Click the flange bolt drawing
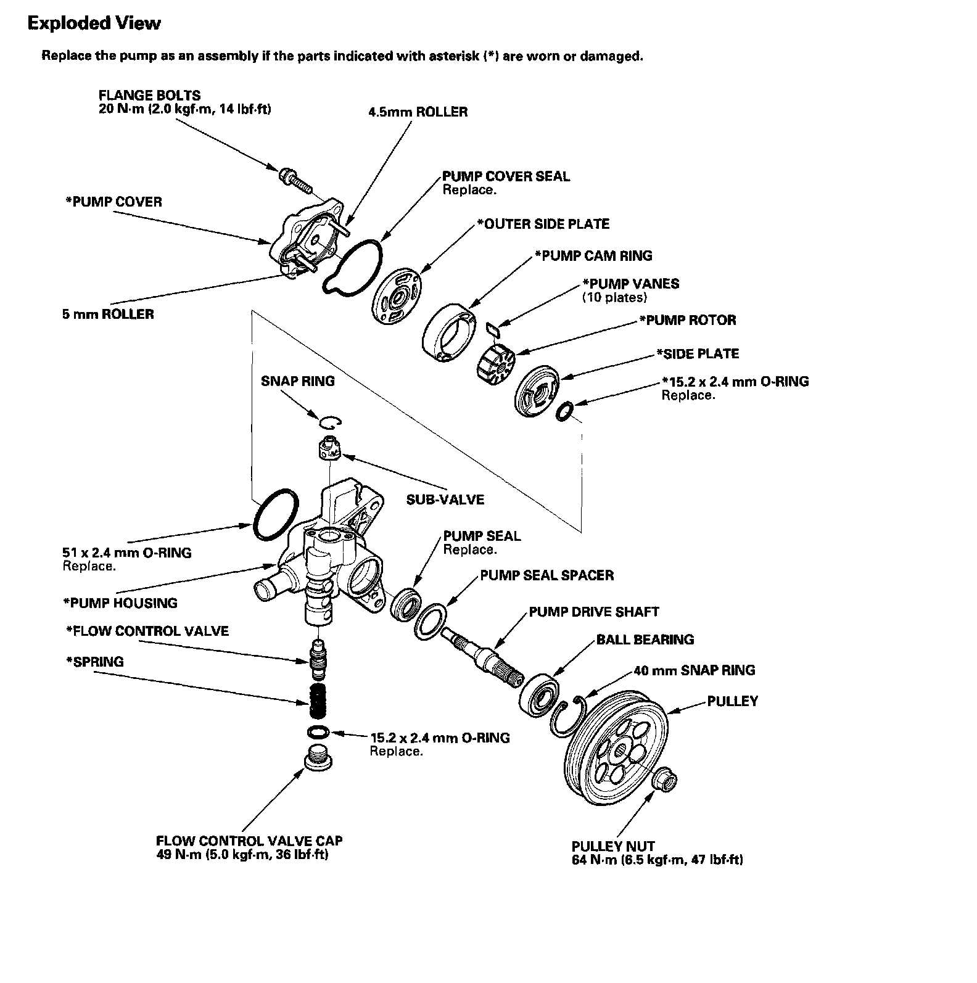coord(295,177)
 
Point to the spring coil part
coord(318,701)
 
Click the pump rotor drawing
coord(497,363)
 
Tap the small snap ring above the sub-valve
coord(331,422)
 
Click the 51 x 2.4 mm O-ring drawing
coord(275,514)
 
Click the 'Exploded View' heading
coord(94,23)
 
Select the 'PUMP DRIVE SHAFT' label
coord(593,612)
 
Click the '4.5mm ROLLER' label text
coord(418,112)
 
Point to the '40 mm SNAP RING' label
coord(694,670)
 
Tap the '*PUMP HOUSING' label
coord(120,603)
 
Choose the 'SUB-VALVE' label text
coord(445,499)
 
